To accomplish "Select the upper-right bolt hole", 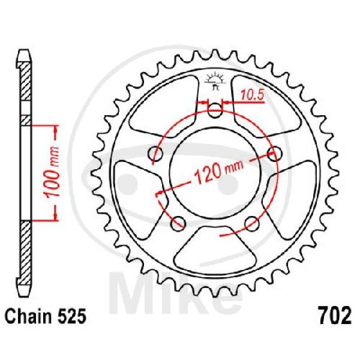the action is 274,153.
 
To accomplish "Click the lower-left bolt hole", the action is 178,223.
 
